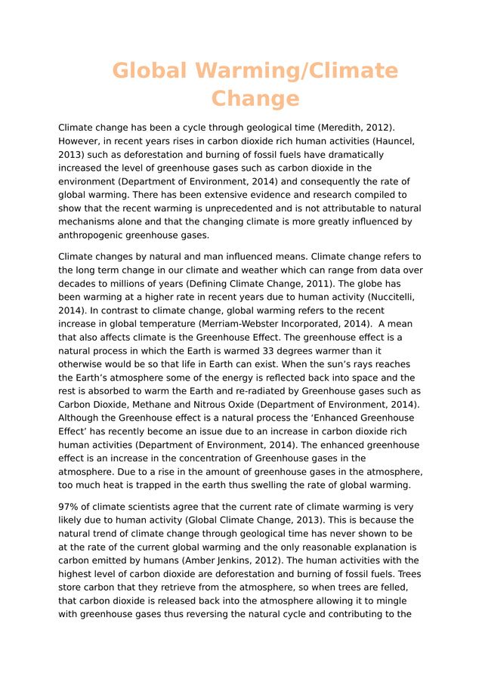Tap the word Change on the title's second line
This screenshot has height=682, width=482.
[255, 99]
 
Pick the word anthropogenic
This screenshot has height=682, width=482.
[93, 236]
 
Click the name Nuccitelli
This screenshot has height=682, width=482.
[388, 297]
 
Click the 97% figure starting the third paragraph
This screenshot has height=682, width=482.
[70, 507]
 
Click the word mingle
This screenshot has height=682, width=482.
[393, 601]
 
